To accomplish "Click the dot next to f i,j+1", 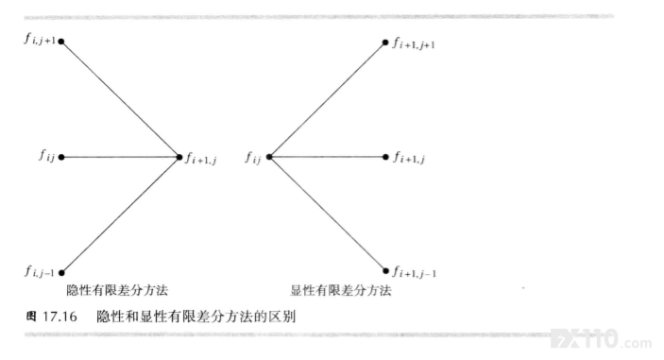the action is click(61, 42).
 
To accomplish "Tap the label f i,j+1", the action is click(40, 40).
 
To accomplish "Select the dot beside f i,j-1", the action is click(61, 273).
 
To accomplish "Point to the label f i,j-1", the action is click(40, 271).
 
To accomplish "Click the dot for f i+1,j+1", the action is click(385, 43).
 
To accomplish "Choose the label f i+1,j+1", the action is click(414, 43).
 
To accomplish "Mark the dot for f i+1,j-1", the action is click(385, 271).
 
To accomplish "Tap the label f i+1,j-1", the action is click(414, 272).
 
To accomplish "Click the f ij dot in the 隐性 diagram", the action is click(61, 157).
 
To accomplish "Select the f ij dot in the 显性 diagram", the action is click(269, 157).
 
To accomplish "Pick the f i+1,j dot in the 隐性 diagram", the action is click(179, 157).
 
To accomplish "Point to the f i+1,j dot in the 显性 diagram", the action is click(385, 157).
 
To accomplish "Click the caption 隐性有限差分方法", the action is click(117, 290).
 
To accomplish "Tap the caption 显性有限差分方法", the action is click(340, 290).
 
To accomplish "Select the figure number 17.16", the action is click(60, 317).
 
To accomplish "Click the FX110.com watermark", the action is click(602, 339).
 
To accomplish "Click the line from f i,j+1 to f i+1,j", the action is click(120, 99).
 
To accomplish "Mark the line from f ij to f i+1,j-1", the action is click(328, 214).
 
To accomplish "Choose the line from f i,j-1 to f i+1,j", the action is click(120, 215).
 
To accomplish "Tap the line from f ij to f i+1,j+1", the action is click(327, 100).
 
